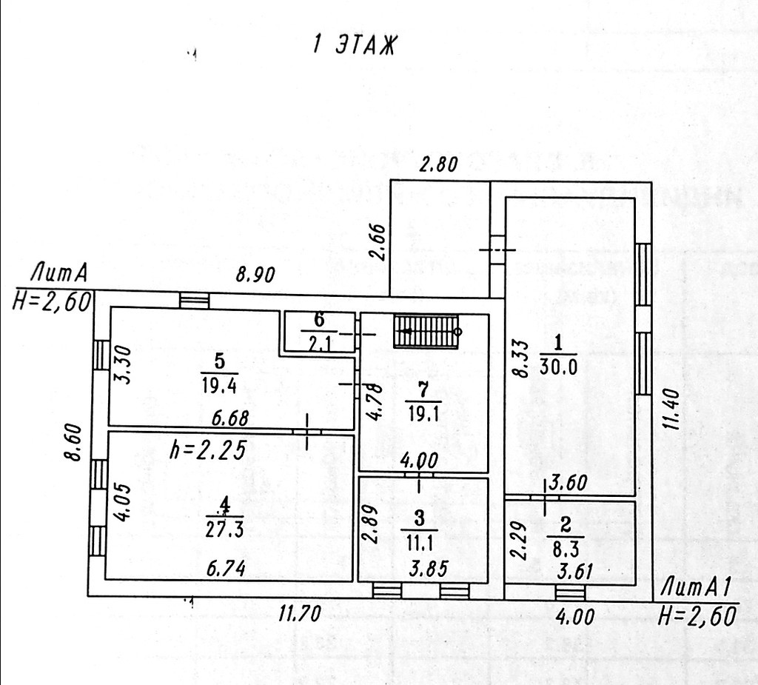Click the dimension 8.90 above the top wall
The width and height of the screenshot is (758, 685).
pyautogui.click(x=255, y=275)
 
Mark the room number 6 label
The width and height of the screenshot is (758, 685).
pyautogui.click(x=319, y=320)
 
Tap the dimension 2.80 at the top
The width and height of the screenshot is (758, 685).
pyautogui.click(x=439, y=164)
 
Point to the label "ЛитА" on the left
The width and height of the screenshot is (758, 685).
pyautogui.click(x=58, y=275)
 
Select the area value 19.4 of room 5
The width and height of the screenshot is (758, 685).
pyautogui.click(x=219, y=386)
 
